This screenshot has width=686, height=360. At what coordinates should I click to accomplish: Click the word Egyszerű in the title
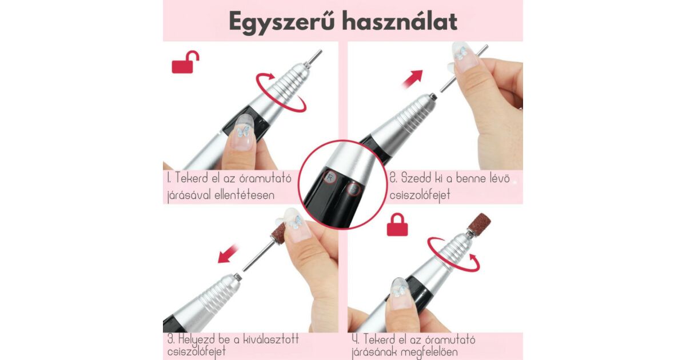(281, 22)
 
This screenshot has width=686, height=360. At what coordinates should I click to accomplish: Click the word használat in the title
(400, 22)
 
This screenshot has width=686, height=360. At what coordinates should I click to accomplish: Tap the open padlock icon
(185, 62)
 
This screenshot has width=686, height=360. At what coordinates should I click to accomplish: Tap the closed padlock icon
(397, 225)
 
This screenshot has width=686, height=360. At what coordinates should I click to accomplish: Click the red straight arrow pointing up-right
(413, 79)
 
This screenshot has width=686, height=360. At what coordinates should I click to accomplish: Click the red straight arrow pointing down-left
(228, 253)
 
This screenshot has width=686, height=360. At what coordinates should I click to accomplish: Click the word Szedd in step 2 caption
(415, 178)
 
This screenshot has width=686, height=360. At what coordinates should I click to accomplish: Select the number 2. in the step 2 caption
(393, 178)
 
